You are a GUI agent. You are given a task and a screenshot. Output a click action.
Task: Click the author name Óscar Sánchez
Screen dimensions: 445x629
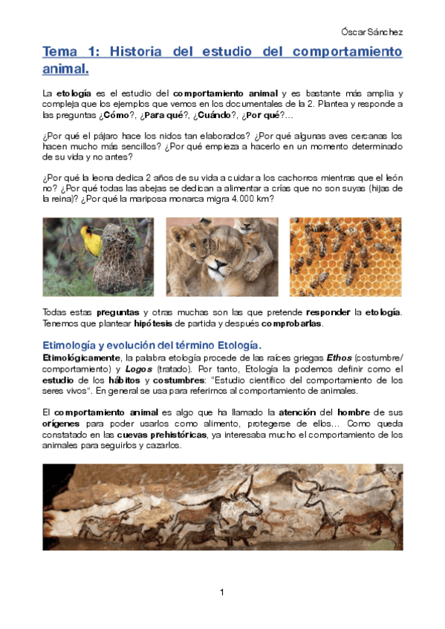click(x=371, y=32)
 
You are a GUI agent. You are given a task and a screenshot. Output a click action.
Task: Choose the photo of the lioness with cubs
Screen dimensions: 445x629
click(x=221, y=257)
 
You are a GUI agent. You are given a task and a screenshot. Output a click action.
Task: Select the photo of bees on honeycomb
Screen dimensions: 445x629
click(x=345, y=257)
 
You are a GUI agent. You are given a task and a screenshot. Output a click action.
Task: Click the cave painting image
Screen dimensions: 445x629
click(x=222, y=507)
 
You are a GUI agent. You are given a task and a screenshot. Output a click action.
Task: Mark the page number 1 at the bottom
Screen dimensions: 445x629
click(x=222, y=591)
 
